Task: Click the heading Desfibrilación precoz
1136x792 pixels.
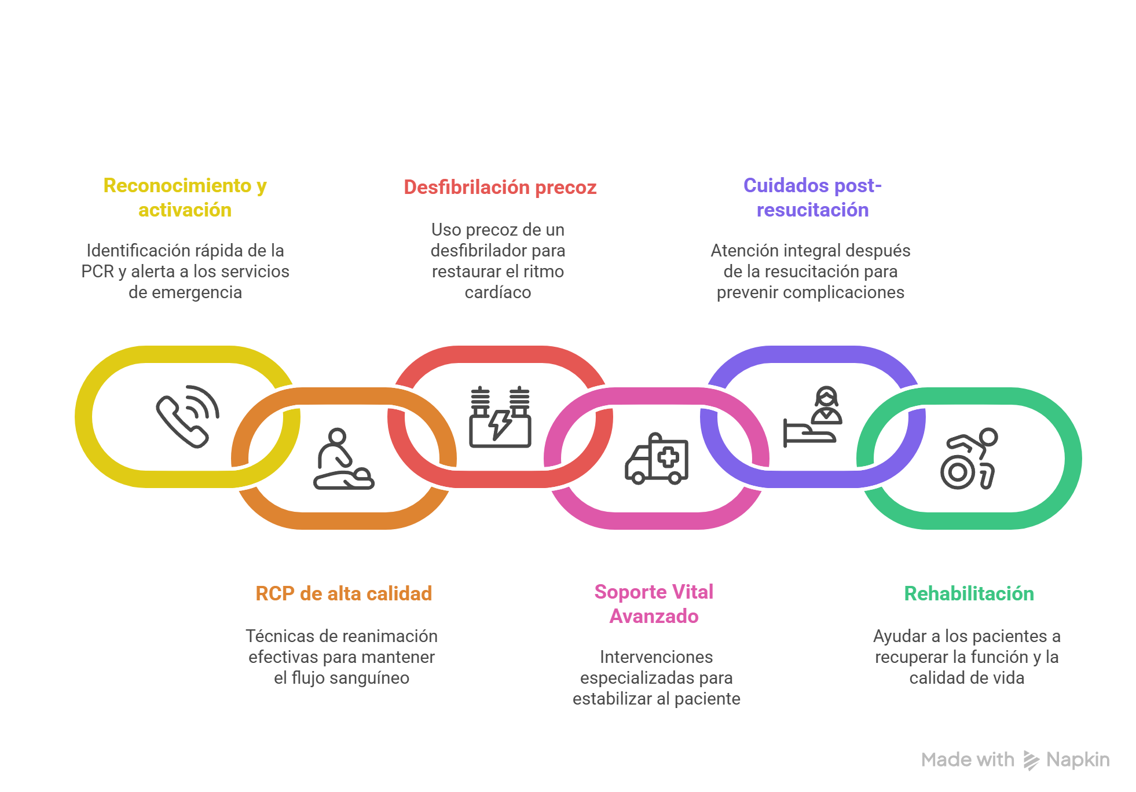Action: (500, 188)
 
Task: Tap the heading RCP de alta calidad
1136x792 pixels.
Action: (344, 593)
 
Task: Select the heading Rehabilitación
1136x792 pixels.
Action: (969, 593)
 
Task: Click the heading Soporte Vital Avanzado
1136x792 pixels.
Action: (654, 604)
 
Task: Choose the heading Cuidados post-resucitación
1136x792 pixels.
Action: (812, 197)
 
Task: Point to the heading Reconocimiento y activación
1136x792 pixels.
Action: (185, 197)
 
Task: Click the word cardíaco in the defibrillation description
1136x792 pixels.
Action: (497, 292)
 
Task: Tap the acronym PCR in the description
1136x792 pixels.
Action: (97, 272)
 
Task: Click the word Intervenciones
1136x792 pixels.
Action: (656, 657)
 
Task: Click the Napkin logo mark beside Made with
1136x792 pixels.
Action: (1031, 760)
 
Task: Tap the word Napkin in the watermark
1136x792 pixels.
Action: (1078, 760)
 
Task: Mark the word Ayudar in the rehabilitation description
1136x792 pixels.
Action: (899, 636)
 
